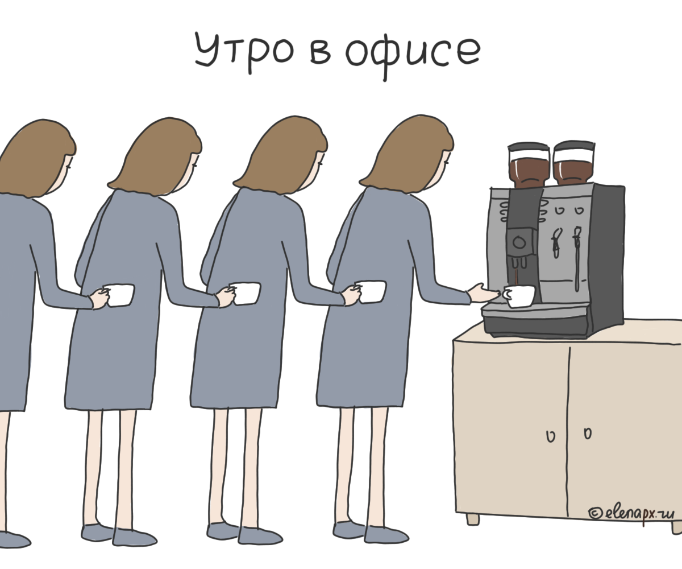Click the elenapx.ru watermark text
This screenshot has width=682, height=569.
631,513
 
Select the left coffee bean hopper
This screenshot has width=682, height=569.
529,165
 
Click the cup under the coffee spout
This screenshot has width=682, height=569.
519,296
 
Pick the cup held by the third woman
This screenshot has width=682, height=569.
371,292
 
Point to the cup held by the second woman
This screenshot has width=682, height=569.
245,294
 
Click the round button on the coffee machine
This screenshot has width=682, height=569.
519,243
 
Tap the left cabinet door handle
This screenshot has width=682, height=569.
550,436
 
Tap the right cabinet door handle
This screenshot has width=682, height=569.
587,434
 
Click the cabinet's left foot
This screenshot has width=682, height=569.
472,519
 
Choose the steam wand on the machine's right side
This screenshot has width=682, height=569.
577,256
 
